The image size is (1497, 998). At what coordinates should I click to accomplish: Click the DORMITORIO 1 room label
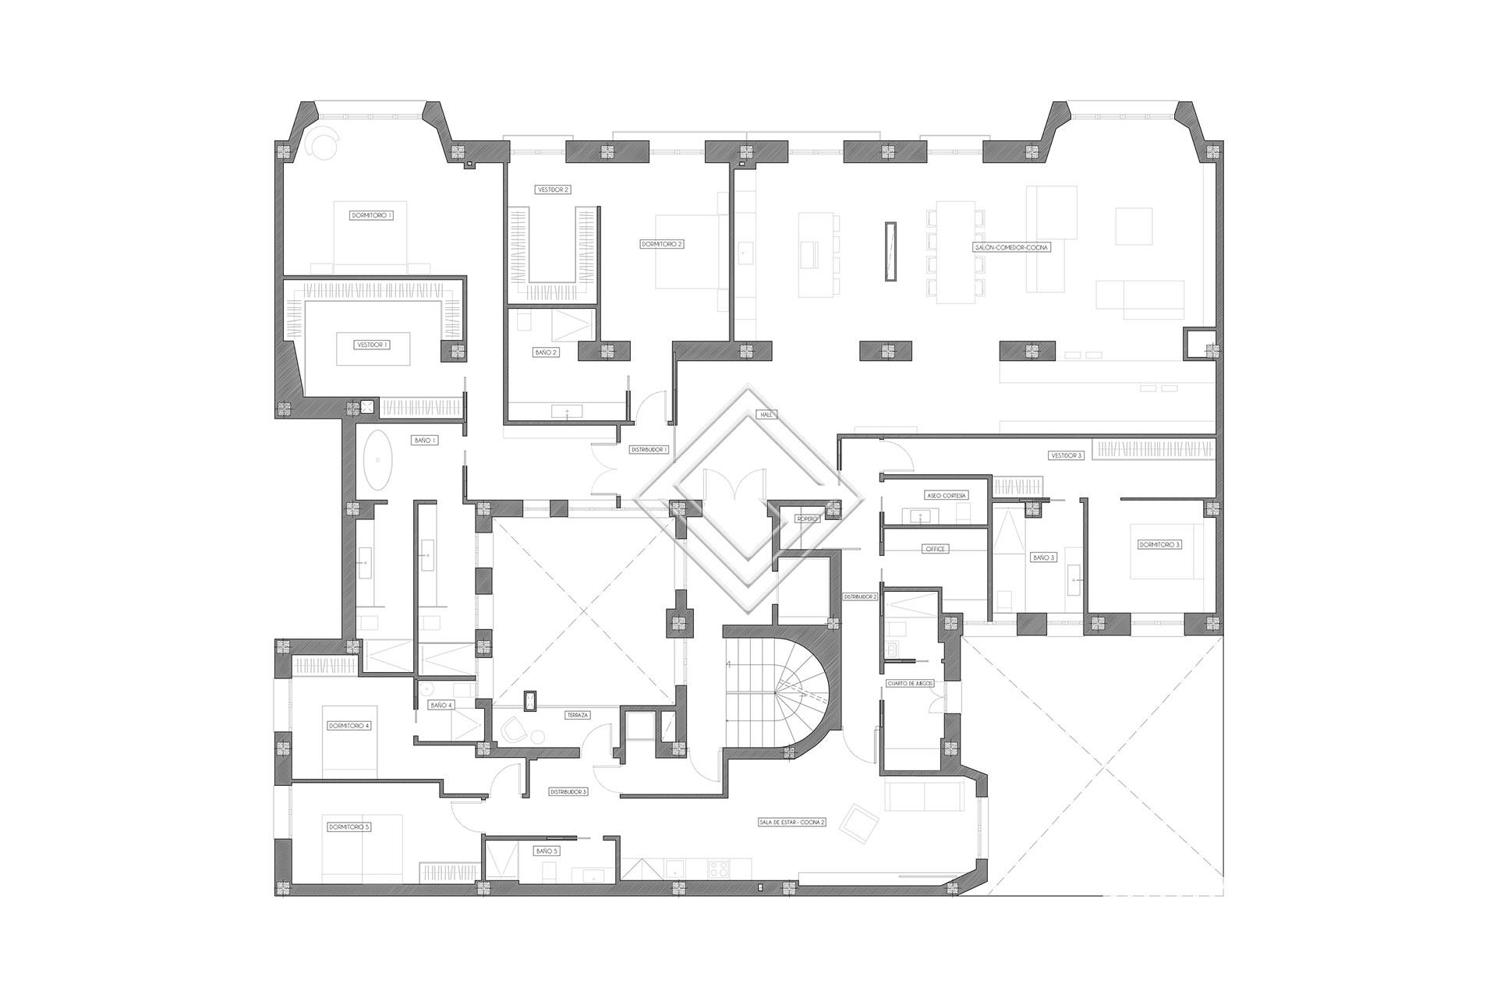coord(372,214)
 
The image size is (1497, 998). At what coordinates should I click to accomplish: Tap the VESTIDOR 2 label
coord(554,189)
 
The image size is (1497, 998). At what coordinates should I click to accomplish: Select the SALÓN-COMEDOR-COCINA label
coord(1012,247)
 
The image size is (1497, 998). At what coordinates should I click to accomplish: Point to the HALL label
coord(767,415)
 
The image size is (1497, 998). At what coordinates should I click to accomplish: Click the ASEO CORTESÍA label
coord(947,495)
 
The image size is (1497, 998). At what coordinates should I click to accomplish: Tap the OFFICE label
coord(935,549)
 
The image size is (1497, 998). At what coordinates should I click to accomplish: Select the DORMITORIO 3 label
coord(1159,544)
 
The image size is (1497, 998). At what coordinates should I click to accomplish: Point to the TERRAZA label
coord(578,714)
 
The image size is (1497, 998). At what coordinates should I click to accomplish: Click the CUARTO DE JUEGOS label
coord(910,683)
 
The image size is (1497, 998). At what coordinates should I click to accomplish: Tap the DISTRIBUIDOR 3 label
coord(568,791)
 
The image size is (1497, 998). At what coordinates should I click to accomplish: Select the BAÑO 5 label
coord(547,851)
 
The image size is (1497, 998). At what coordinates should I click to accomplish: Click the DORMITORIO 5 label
coord(349,826)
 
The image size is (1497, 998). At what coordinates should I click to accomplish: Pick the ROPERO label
coord(807,518)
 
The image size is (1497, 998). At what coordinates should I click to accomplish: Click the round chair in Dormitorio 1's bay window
coord(321,145)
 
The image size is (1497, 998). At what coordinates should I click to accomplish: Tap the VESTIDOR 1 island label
coord(372,344)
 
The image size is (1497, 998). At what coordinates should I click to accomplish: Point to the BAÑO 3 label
coord(1043,557)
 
